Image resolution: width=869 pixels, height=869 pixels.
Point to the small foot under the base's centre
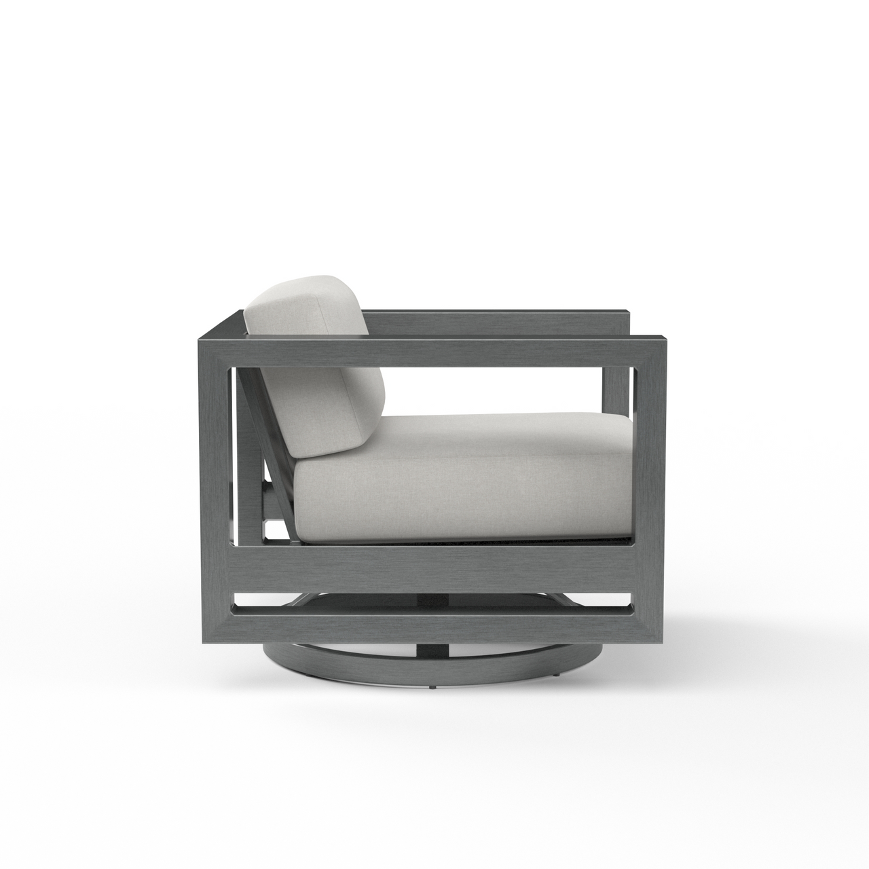coord(432,688)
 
